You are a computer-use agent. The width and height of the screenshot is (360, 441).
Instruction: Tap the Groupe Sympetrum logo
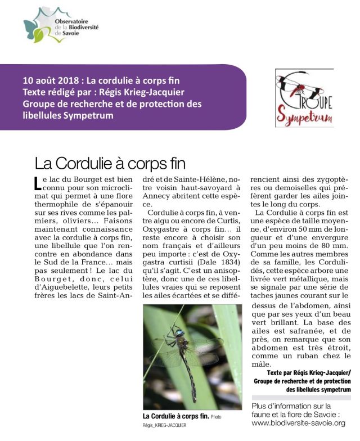point(304,98)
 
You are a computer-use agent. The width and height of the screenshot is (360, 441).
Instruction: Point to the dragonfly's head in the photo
point(178,334)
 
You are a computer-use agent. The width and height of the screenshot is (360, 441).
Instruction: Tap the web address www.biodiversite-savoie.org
point(298,423)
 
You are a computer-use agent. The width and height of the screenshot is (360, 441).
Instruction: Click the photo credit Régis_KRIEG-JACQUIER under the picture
point(164,426)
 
